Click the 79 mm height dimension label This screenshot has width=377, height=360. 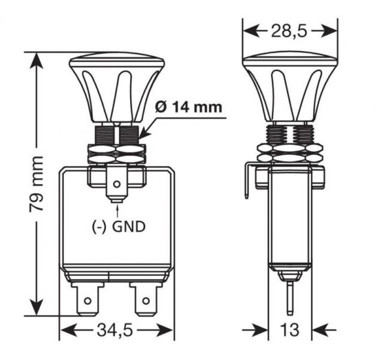[x=37, y=184]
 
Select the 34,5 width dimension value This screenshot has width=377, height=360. [x=117, y=329]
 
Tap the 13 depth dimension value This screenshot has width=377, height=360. [x=290, y=329]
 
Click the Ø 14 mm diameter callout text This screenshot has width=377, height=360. [x=188, y=108]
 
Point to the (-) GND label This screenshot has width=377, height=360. [x=119, y=227]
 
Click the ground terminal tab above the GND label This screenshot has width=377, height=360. [x=118, y=186]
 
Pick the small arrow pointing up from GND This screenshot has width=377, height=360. [x=119, y=210]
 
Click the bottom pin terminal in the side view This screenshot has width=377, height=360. [x=289, y=297]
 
